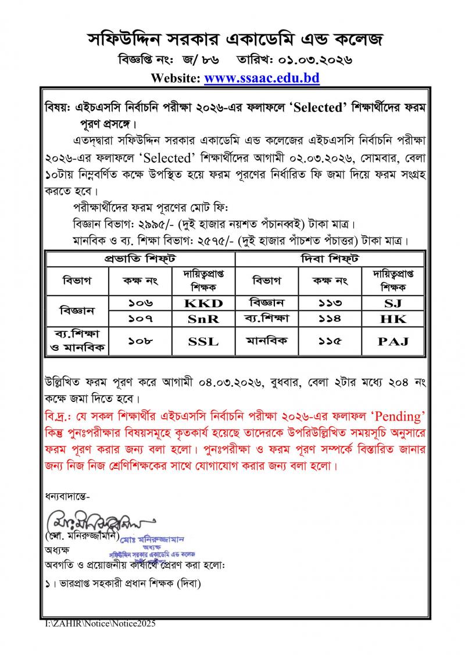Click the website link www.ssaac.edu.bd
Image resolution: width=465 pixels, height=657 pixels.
click(262, 78)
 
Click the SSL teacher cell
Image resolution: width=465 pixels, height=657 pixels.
click(203, 342)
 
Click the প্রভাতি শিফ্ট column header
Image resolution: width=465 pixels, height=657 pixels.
click(140, 258)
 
